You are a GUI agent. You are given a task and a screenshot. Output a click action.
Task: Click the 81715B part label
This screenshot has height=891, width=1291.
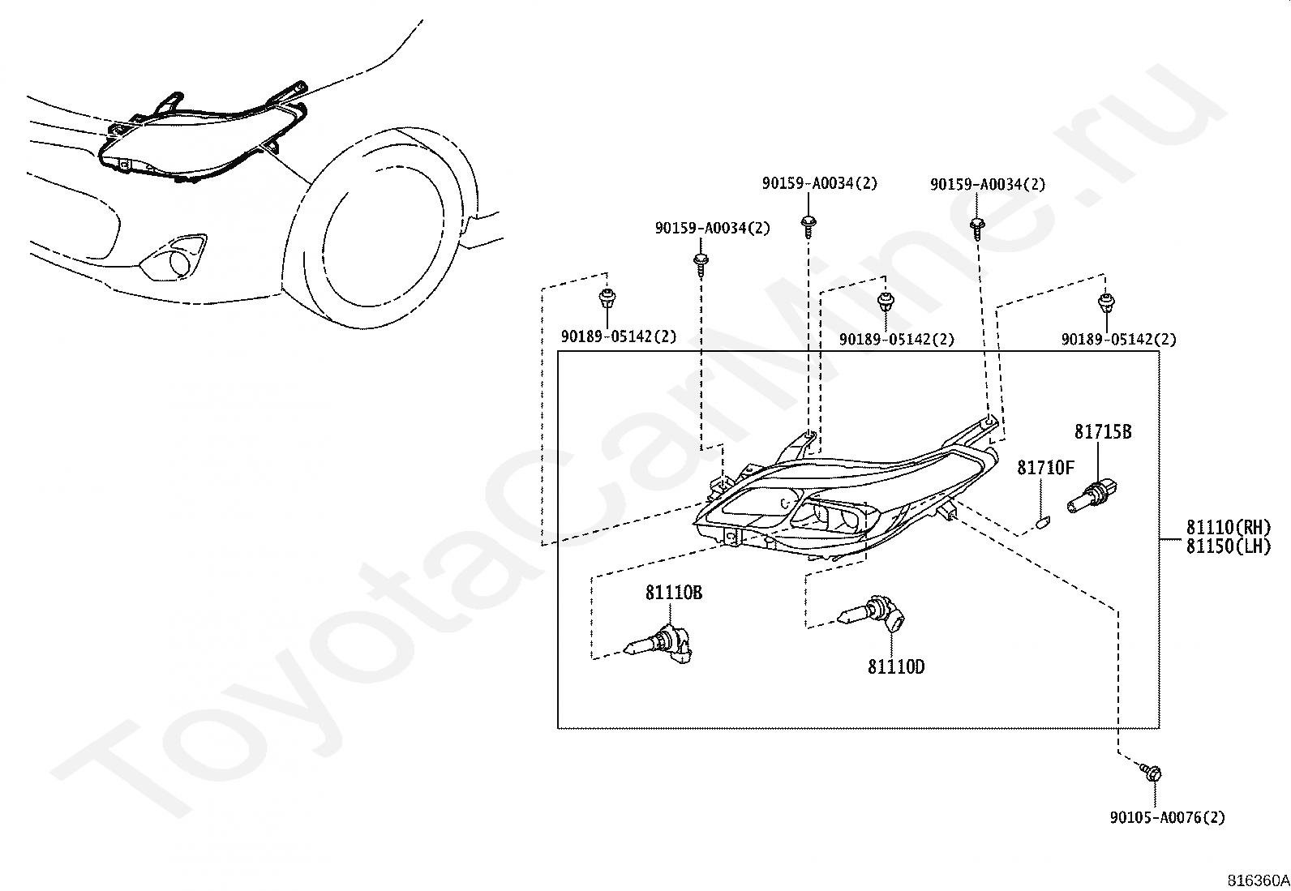click(1103, 431)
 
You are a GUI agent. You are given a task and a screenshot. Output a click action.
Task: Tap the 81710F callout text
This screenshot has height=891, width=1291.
click(1045, 468)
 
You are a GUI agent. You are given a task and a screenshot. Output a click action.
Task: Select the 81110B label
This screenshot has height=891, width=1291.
click(674, 593)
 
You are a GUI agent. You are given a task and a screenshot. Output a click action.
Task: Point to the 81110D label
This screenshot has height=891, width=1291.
click(896, 666)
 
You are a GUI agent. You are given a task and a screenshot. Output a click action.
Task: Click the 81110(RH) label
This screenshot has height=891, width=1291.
click(1229, 527)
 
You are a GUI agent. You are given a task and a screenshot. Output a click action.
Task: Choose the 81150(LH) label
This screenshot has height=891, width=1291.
click(1229, 546)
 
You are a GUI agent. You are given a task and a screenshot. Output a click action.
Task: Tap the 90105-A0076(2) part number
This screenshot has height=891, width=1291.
click(1168, 817)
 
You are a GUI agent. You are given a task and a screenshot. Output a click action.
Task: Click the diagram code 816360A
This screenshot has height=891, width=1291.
click(1258, 880)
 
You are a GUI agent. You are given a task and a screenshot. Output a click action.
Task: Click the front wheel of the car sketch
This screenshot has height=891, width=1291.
click(375, 229)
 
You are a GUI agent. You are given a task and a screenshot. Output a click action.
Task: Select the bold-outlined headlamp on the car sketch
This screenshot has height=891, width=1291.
click(202, 139)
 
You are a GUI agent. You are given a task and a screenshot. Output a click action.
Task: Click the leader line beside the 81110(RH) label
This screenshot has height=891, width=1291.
click(1172, 540)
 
